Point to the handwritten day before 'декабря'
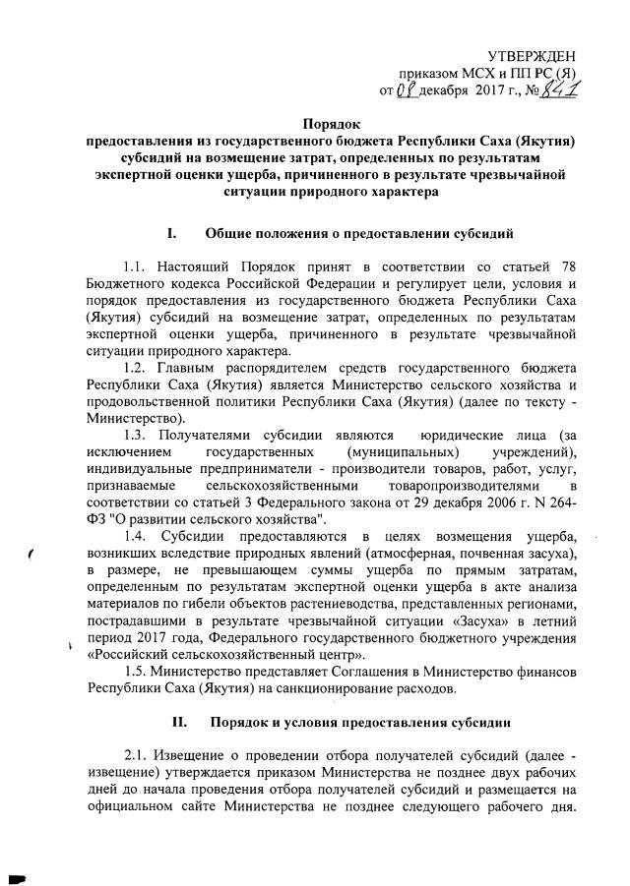pos(405,92)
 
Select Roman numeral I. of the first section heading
pos(173,234)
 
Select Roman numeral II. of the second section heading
pos(179,722)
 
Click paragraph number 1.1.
pos(141,266)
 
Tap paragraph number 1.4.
pos(141,536)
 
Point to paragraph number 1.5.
pos(141,670)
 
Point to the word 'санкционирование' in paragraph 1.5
pos(338,688)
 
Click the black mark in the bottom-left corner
pos(15,874)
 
